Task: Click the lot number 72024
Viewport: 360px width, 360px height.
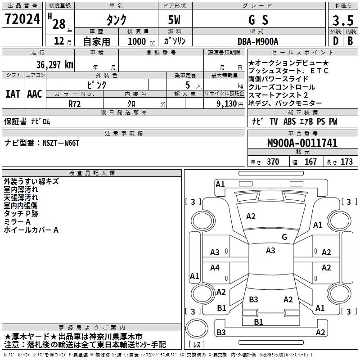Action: [22, 19]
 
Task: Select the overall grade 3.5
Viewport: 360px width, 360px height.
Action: [343, 20]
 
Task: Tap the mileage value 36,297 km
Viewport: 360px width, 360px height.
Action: [54, 65]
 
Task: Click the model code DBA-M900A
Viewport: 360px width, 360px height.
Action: [258, 41]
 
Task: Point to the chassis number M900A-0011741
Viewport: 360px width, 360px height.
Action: [302, 143]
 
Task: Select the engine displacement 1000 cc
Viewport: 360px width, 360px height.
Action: [141, 41]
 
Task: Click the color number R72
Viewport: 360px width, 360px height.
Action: [74, 104]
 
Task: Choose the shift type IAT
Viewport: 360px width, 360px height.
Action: [13, 94]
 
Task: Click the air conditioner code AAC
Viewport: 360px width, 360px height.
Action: [35, 94]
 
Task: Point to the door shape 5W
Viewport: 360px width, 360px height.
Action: [174, 20]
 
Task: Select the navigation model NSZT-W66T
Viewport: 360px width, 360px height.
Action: [61, 143]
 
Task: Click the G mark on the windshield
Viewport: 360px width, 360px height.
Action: [284, 237]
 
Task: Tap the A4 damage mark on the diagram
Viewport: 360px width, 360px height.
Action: [215, 267]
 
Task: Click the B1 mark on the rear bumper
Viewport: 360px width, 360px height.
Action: [258, 322]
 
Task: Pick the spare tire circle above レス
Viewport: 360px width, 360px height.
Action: [197, 328]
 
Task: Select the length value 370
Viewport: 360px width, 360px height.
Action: [273, 162]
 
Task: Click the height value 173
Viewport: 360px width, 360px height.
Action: [346, 162]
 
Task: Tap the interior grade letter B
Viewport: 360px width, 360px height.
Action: [350, 41]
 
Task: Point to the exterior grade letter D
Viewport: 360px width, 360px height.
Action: [336, 41]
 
